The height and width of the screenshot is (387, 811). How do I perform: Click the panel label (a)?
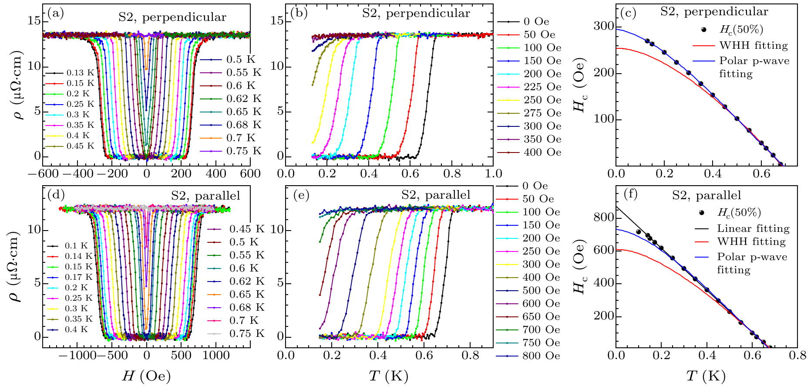tap(56, 14)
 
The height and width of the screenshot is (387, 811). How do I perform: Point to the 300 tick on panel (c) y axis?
tap(604, 27)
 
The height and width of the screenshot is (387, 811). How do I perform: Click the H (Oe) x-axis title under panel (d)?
tap(146, 376)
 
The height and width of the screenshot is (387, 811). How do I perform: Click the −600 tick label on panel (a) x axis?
tap(42, 173)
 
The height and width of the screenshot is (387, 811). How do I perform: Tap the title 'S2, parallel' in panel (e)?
tap(436, 195)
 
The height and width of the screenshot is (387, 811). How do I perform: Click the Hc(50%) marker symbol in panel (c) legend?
tap(704, 30)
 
